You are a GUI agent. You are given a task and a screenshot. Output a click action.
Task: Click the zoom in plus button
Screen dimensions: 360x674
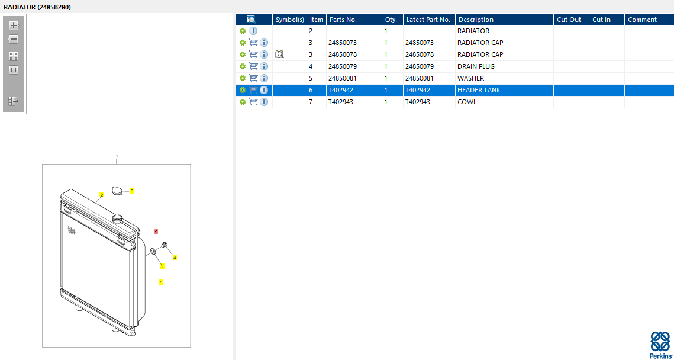coord(14,25)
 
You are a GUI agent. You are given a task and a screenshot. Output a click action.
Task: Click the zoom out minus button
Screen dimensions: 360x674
coord(14,39)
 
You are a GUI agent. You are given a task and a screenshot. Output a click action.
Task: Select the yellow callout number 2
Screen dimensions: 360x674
coord(102,195)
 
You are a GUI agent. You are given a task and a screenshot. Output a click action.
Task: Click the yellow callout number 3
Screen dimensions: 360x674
coord(132,191)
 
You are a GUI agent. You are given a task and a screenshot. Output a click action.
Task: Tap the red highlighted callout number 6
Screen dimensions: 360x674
coord(156,232)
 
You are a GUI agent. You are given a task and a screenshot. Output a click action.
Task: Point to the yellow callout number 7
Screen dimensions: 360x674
coord(160,282)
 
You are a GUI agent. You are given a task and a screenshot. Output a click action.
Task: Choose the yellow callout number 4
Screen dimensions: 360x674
coord(175,258)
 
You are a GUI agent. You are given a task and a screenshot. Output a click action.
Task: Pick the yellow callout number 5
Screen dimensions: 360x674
coord(162,266)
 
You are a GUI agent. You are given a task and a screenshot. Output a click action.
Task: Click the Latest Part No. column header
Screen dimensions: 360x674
coord(428,20)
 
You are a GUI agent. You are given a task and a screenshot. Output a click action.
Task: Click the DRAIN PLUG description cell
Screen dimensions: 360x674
coord(476,66)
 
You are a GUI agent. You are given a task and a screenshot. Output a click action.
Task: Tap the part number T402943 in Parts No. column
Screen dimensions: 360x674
coord(341,102)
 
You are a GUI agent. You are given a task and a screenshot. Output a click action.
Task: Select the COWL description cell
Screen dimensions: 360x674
coord(467,102)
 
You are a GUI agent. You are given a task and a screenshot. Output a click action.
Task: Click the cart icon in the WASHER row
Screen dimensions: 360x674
coord(253,78)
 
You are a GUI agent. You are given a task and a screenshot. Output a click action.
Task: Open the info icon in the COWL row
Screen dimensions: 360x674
coord(264,102)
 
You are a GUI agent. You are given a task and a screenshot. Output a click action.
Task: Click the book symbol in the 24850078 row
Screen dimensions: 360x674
coord(279,54)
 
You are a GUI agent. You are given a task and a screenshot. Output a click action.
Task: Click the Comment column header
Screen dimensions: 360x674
coord(642,20)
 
